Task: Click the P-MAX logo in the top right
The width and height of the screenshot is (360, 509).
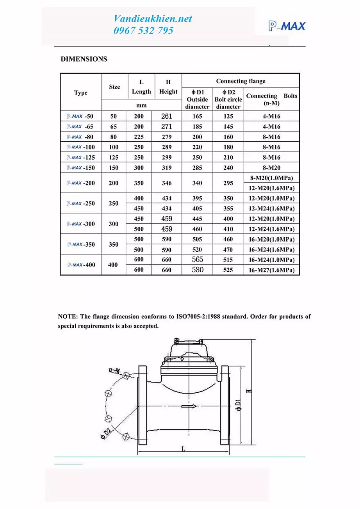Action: (287, 26)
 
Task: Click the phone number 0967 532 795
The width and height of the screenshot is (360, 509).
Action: (143, 31)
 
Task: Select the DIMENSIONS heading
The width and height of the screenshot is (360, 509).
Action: (84, 59)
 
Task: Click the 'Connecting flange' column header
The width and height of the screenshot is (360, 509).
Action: (241, 81)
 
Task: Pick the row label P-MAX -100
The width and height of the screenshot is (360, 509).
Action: (80, 147)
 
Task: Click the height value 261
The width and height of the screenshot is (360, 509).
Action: (167, 116)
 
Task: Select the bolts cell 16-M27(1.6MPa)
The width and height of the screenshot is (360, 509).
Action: (271, 270)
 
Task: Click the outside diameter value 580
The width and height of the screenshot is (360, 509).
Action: (198, 270)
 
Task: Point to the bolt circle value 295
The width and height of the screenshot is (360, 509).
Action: (228, 183)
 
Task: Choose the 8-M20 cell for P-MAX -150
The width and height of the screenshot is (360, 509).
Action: (271, 168)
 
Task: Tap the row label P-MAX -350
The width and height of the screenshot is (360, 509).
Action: (80, 245)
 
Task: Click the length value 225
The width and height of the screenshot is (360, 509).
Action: (139, 137)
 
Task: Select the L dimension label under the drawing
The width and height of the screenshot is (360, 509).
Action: (183, 449)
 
